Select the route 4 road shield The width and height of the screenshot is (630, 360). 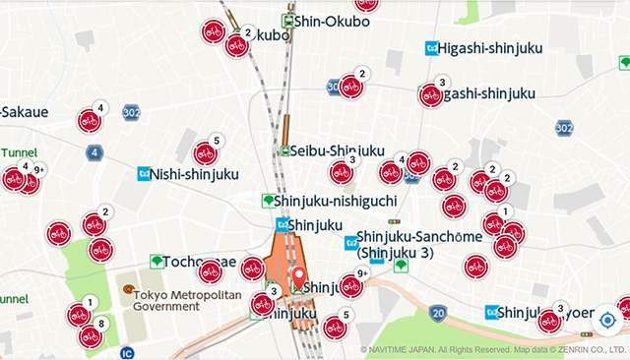point(94,151)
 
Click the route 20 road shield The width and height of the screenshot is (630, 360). point(438,313)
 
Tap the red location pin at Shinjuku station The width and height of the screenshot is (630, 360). point(299,278)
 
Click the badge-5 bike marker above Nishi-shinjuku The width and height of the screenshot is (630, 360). point(206,153)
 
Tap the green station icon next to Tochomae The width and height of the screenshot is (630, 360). point(156,262)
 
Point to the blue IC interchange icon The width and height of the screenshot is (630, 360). point(126,351)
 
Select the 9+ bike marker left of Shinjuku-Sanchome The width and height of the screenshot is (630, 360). point(351,285)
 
